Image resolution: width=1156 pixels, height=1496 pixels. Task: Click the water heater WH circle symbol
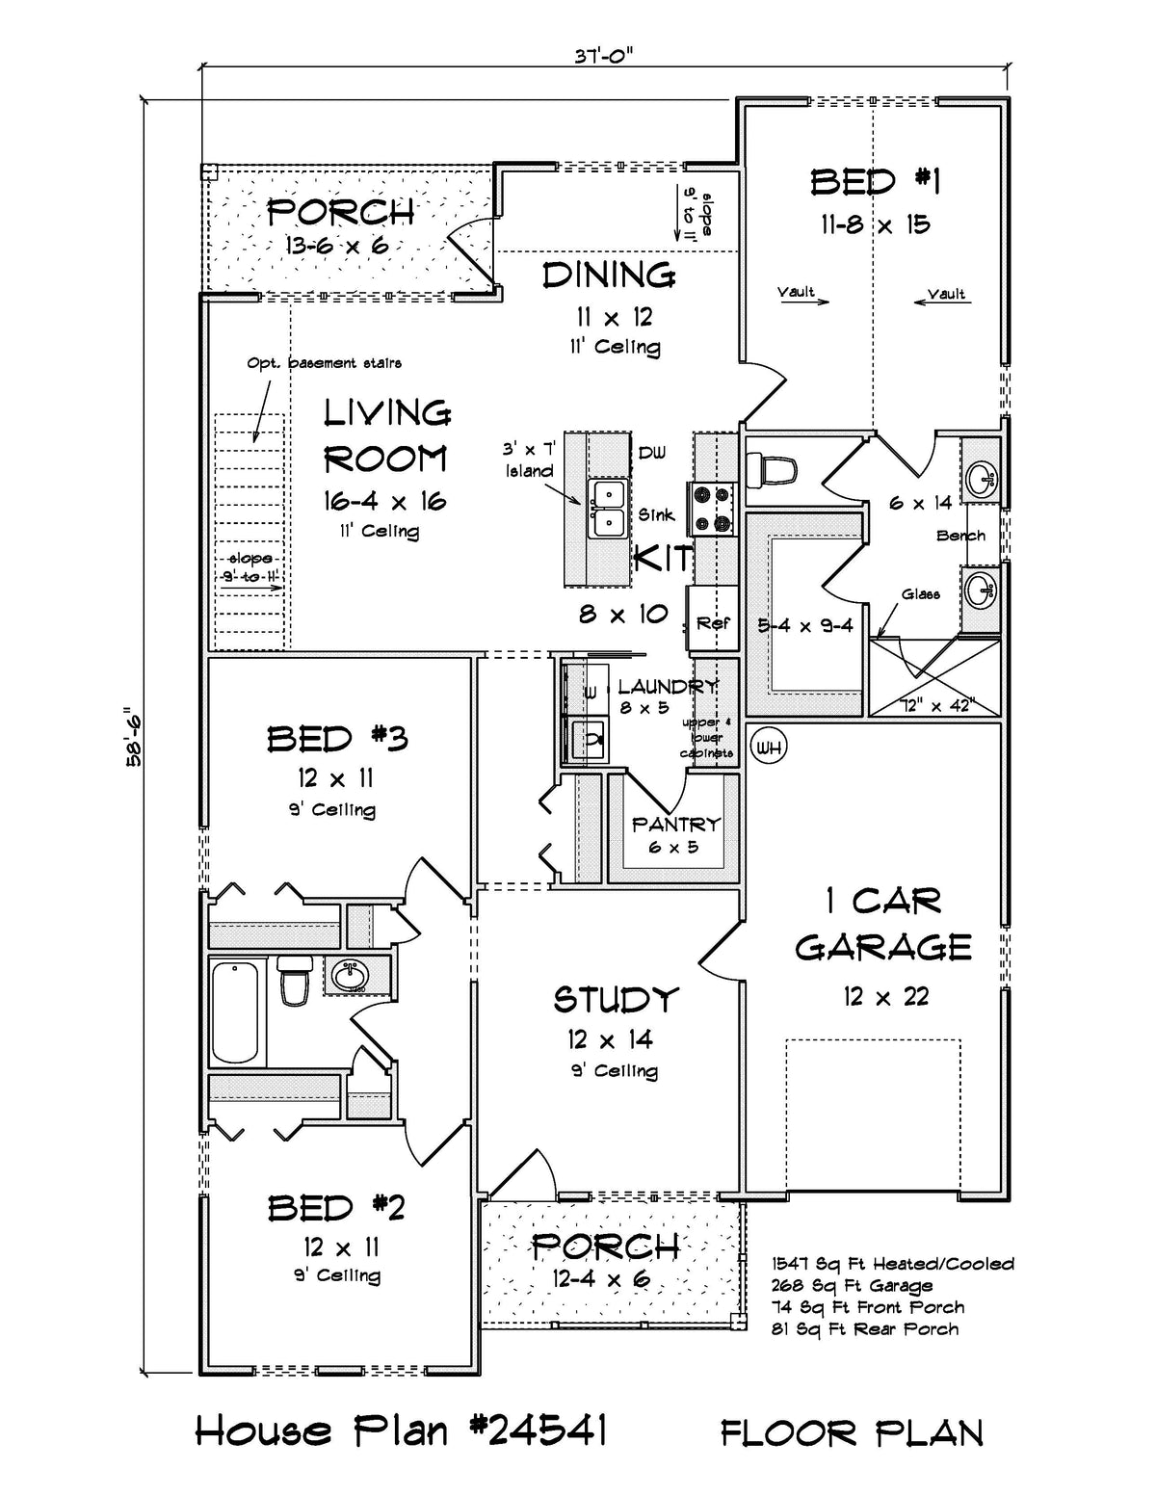click(x=768, y=747)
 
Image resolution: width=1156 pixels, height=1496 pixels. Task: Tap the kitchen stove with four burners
click(x=710, y=508)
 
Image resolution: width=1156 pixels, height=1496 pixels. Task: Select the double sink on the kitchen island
click(x=607, y=508)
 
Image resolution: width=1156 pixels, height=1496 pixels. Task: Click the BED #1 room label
click(x=875, y=181)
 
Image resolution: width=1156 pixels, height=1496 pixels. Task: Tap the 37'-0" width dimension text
click(x=604, y=55)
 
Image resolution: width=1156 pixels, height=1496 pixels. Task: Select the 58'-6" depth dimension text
click(x=133, y=738)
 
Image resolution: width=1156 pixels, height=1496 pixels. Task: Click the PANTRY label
click(x=675, y=824)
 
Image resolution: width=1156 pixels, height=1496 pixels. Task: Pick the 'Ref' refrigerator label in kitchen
click(x=713, y=623)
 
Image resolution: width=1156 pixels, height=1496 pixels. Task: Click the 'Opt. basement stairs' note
click(x=324, y=363)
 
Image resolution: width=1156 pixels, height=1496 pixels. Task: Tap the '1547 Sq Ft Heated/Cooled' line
click(x=892, y=1263)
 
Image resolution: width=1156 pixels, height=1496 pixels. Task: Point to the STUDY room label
click(x=616, y=1000)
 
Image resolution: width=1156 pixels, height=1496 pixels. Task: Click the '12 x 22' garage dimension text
click(x=885, y=996)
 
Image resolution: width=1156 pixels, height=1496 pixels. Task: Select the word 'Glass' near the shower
click(x=921, y=594)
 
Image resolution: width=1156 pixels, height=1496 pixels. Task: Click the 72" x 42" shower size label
click(x=935, y=704)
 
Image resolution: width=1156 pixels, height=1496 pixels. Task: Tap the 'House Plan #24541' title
click(x=401, y=1430)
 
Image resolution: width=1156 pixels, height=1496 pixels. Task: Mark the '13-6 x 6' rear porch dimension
click(x=336, y=245)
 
